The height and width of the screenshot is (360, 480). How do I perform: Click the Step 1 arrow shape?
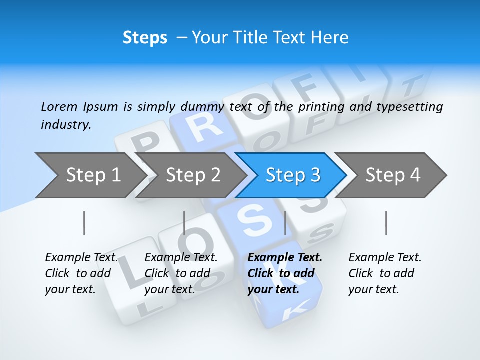[x=90, y=175]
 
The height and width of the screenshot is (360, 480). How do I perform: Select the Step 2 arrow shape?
[x=192, y=175]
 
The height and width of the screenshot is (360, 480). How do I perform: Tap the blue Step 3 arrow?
[x=292, y=175]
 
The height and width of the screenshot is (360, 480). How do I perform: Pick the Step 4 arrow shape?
[x=392, y=175]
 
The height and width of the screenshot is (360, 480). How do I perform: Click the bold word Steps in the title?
[x=145, y=38]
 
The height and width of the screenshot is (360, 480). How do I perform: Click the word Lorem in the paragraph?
[x=59, y=106]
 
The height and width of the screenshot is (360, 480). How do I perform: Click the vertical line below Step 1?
[x=84, y=223]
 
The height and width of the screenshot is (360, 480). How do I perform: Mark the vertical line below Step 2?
[x=184, y=223]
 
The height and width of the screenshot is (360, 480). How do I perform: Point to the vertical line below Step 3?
[x=285, y=223]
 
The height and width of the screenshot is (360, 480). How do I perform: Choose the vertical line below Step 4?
[x=386, y=223]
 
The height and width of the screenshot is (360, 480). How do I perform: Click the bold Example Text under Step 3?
[x=285, y=258]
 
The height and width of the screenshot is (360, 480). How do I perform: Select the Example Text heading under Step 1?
[x=81, y=258]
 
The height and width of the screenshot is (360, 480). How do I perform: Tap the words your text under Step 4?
[x=373, y=289]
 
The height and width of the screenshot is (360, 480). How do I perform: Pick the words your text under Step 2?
[x=170, y=289]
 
